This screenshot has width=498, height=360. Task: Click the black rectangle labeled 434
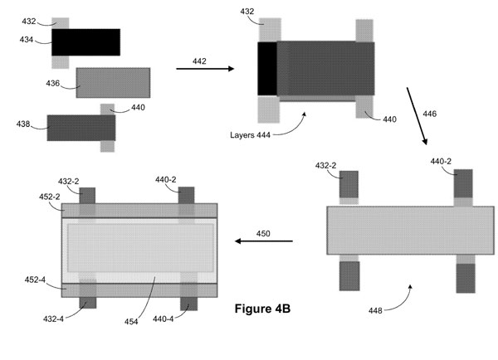click(85, 41)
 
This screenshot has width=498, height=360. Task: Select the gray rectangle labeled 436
click(113, 82)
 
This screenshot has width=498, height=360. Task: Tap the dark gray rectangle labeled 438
click(81, 128)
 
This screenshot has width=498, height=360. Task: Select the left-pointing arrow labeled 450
click(263, 241)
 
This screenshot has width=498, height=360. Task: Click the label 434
click(28, 39)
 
